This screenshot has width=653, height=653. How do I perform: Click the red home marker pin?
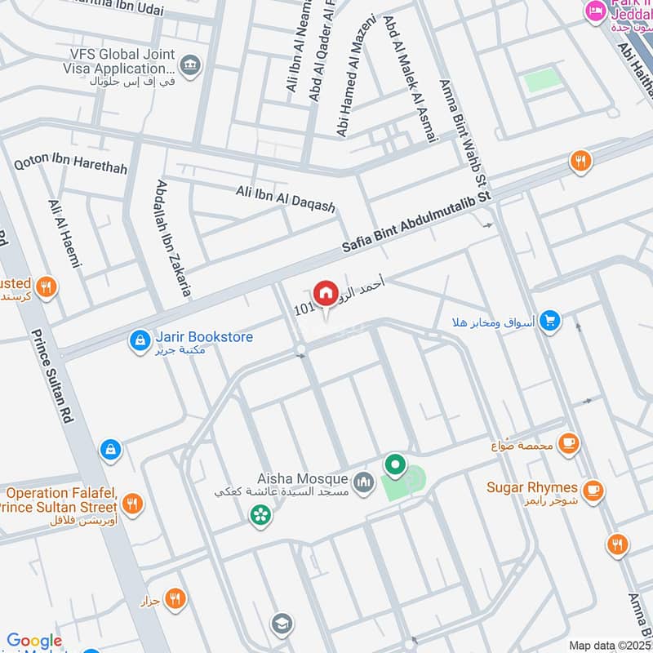(x=325, y=292)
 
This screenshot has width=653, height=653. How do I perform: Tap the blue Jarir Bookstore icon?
(x=140, y=338)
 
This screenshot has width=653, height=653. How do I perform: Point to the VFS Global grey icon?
(x=190, y=64)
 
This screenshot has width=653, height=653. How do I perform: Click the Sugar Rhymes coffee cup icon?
(x=593, y=489)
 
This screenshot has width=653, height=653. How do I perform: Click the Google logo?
(x=34, y=642)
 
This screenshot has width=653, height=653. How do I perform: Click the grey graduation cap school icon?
(x=282, y=623)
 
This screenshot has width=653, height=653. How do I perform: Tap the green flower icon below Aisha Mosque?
(x=260, y=515)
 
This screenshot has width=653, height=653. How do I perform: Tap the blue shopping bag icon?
(x=110, y=449)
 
